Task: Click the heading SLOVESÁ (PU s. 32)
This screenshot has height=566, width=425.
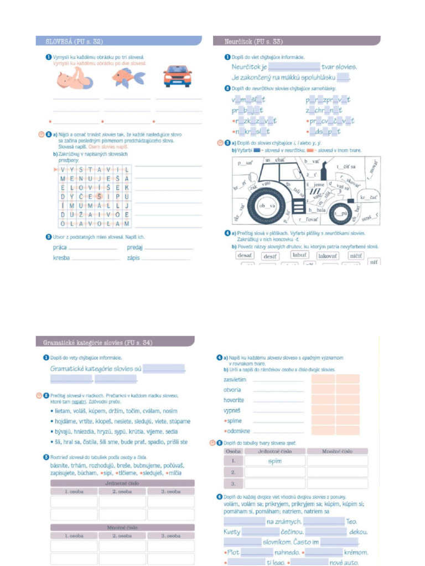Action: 70,41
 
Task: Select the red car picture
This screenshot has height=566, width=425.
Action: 177,76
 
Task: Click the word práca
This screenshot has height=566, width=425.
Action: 60,247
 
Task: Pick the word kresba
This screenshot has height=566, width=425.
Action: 61,258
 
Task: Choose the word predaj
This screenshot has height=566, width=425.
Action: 134,247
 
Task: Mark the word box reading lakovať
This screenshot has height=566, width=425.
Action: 328,256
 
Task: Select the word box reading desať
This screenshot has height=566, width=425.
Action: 244,255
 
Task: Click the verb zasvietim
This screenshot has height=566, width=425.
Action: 235,380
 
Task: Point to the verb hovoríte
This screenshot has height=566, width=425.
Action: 234,400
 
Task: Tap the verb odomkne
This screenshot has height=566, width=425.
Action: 237,431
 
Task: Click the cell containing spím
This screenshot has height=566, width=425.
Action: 274,461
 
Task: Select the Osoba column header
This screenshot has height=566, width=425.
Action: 233,451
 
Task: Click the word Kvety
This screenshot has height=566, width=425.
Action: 232,532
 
